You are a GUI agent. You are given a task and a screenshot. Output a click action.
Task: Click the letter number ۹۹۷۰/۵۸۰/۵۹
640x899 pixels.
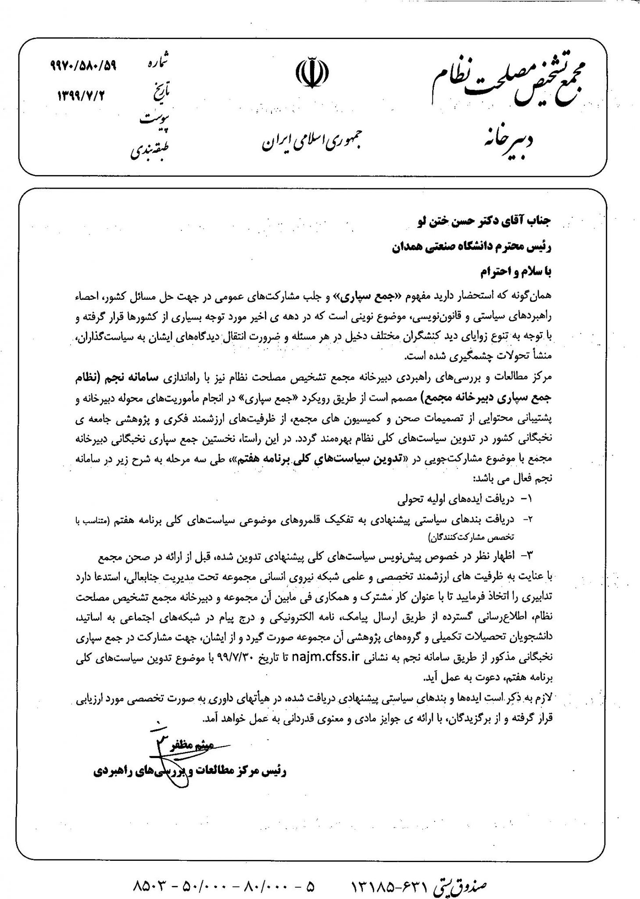click(82, 67)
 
